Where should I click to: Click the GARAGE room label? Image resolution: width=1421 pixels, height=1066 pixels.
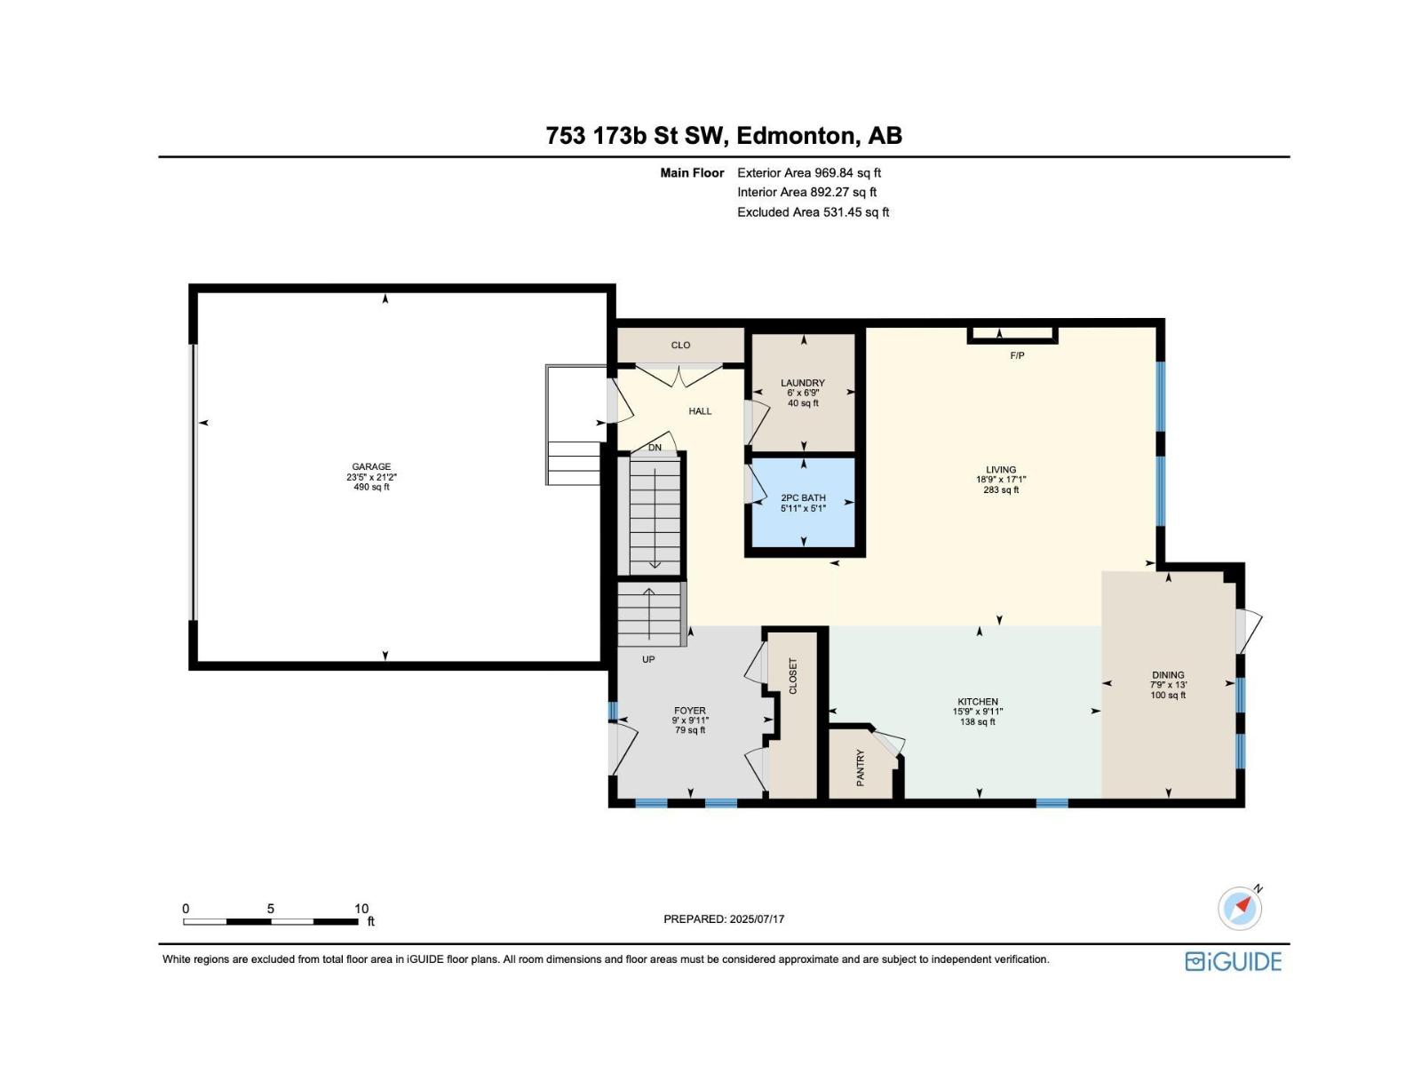(x=371, y=466)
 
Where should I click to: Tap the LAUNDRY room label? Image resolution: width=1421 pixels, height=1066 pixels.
(x=803, y=383)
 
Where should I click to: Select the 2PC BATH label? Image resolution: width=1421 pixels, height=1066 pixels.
(x=804, y=497)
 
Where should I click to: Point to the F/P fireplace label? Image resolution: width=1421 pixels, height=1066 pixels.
(x=1017, y=355)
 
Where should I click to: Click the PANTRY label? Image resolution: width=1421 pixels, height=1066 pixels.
(x=861, y=768)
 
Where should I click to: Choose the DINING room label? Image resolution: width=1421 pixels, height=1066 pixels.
(x=1168, y=674)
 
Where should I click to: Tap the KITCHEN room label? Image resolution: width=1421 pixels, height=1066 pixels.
(x=978, y=702)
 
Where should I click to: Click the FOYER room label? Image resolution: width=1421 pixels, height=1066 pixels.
(x=689, y=711)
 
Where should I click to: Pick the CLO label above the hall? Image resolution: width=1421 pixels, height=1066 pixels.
(x=680, y=345)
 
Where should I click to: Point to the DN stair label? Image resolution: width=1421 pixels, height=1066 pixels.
(x=655, y=447)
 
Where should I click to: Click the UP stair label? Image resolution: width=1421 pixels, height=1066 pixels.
(x=648, y=659)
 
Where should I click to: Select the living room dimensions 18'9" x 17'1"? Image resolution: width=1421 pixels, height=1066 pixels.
(x=1001, y=480)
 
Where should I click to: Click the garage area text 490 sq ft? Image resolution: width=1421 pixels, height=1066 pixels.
(x=371, y=487)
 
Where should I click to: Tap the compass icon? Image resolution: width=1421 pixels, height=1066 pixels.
(x=1240, y=908)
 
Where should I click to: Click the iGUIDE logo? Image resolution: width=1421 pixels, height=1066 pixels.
(x=1233, y=961)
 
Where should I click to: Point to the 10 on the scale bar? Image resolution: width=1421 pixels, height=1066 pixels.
(x=361, y=909)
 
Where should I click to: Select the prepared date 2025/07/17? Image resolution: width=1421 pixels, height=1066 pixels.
(x=757, y=919)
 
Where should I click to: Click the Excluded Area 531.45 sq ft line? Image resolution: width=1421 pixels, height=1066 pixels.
(x=814, y=212)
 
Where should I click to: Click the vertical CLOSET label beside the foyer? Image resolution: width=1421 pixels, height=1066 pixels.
(x=793, y=676)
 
